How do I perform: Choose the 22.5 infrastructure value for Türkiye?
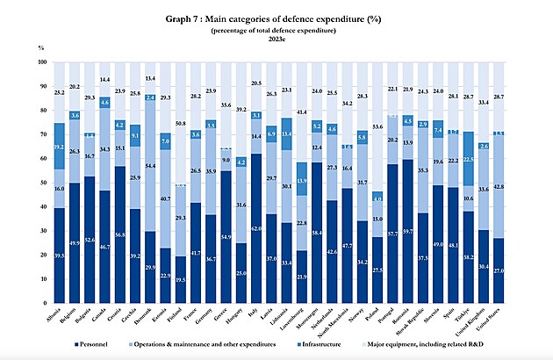tap(469, 158)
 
